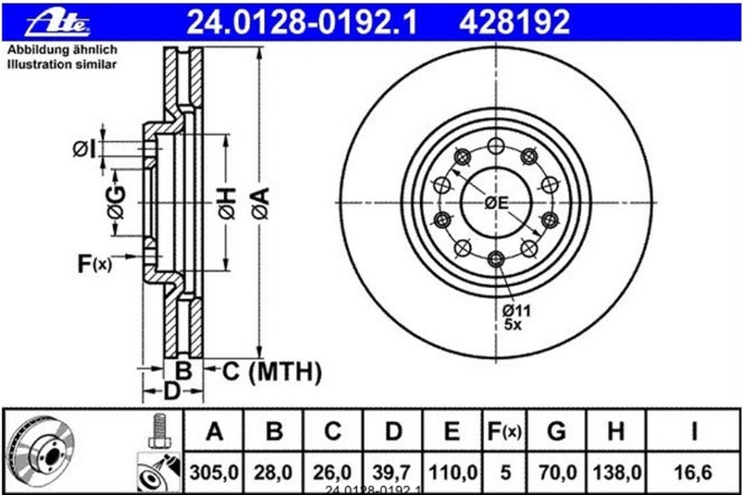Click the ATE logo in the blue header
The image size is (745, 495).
tap(58, 22)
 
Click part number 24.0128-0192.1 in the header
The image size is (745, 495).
tap(301, 22)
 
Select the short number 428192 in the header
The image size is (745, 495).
tap(514, 22)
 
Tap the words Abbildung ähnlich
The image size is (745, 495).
tap(63, 50)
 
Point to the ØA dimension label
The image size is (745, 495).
tap(261, 203)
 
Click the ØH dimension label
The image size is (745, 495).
tap(227, 203)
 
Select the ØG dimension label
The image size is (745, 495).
tap(116, 202)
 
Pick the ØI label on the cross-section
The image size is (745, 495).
tap(84, 149)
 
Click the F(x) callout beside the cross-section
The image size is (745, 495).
tap(95, 264)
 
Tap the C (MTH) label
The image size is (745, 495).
tap(272, 371)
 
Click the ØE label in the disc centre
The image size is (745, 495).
tap(496, 203)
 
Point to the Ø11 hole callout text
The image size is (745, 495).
tap(516, 311)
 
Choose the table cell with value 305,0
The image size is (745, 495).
tap(214, 473)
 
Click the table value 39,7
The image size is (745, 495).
tap(392, 473)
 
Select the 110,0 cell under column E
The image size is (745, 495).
tap(453, 473)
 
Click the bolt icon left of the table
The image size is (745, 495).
tap(159, 430)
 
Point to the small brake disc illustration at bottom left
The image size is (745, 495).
tap(40, 451)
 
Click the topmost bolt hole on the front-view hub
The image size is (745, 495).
tap(495, 146)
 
